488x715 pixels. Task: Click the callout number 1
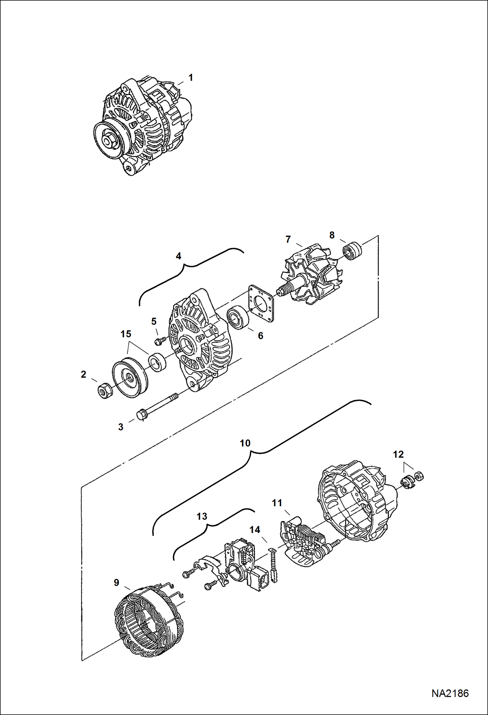click(x=191, y=78)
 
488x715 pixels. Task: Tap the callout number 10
click(x=245, y=443)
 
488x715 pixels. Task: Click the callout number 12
click(x=398, y=454)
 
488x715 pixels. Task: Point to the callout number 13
click(x=202, y=516)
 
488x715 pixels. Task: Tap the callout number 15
click(x=126, y=334)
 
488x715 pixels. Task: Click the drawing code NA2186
click(x=450, y=693)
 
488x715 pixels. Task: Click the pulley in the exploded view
click(x=130, y=378)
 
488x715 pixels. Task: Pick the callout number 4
click(x=179, y=256)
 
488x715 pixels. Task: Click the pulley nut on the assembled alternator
click(x=108, y=141)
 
